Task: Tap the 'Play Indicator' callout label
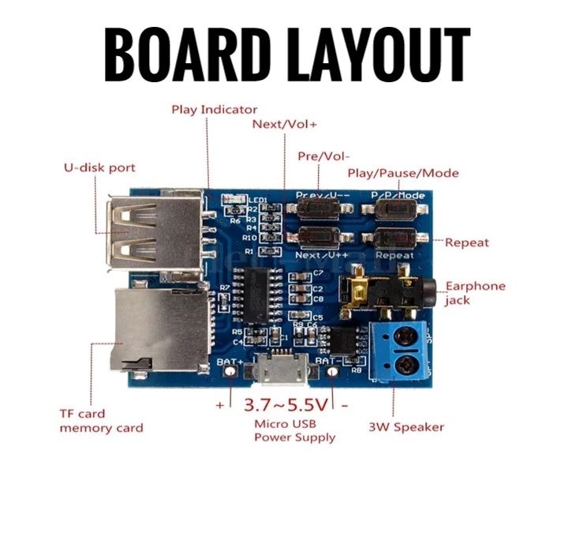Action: (x=215, y=109)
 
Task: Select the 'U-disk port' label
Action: (x=99, y=167)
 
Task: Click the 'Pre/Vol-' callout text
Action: (x=323, y=156)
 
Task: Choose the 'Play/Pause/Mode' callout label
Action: (x=403, y=173)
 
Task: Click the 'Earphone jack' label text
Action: (x=476, y=292)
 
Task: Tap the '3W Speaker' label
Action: (x=406, y=427)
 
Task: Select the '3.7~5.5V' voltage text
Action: (x=285, y=405)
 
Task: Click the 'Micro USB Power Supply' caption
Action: (x=294, y=431)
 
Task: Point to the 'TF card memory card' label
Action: (x=101, y=420)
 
